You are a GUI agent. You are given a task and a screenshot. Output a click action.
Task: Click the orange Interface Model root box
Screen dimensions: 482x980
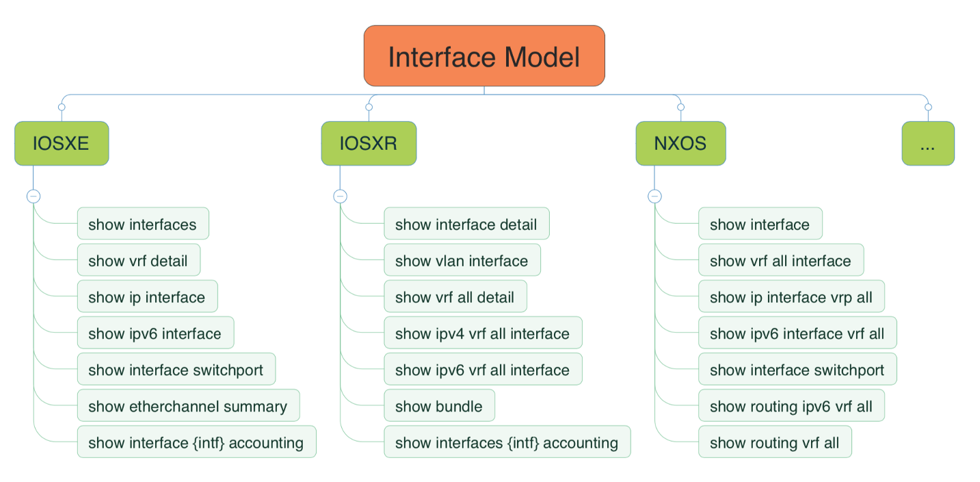click(484, 56)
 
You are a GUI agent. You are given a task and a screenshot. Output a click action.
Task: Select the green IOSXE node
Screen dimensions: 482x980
click(62, 144)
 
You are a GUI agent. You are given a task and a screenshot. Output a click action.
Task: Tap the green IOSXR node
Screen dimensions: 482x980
click(369, 144)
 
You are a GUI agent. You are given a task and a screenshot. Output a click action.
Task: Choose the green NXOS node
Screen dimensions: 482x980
click(680, 144)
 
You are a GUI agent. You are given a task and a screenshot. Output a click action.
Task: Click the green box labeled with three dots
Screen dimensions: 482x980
click(928, 144)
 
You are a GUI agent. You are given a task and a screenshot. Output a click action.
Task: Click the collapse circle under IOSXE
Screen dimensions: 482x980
click(34, 196)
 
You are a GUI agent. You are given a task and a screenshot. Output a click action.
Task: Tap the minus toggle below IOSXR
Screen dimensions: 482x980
click(341, 196)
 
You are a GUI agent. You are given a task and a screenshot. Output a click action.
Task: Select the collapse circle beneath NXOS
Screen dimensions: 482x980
click(654, 196)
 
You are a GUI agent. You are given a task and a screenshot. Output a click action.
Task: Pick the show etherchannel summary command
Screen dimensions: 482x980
click(188, 406)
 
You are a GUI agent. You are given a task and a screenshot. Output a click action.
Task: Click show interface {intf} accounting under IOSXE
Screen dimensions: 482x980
click(196, 442)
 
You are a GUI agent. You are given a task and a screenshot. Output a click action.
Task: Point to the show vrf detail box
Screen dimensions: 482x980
click(139, 261)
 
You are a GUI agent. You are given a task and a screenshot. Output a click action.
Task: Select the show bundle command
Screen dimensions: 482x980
click(439, 406)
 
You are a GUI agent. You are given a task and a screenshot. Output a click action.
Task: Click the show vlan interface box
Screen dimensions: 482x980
click(462, 261)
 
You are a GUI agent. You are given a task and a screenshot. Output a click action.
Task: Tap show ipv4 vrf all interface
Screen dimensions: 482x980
click(483, 333)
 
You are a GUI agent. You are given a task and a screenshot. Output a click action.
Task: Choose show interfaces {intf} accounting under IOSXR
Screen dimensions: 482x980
click(507, 442)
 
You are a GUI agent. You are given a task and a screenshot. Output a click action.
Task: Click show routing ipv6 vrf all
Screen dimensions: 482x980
click(791, 406)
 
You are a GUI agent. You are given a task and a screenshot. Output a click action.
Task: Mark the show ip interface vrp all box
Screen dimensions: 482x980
click(791, 297)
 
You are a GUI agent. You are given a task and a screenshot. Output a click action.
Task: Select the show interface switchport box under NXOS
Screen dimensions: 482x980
click(797, 370)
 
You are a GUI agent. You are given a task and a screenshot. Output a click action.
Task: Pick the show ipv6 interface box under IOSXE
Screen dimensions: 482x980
click(155, 333)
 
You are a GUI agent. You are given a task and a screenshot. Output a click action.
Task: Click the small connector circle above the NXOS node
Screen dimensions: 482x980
click(680, 107)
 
